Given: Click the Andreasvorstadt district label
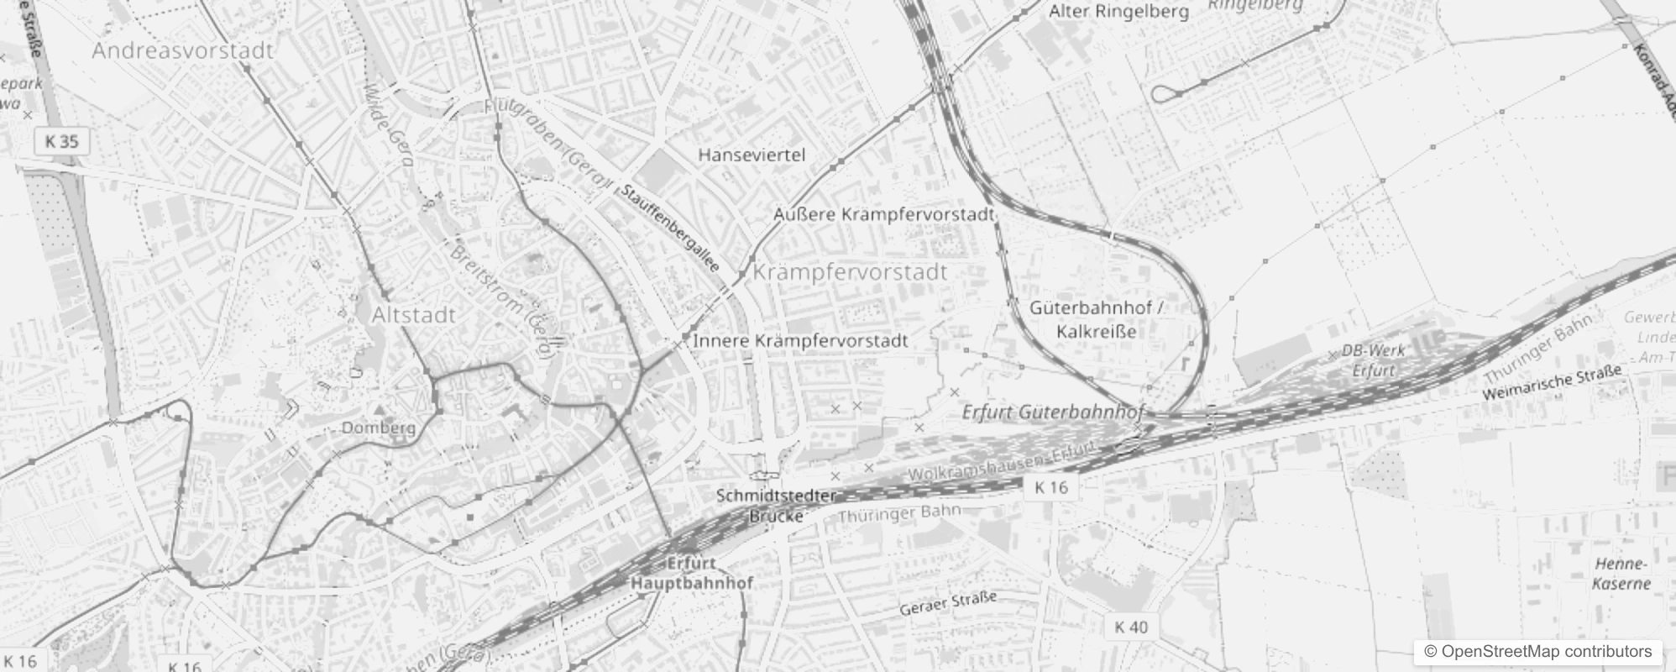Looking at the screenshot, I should pyautogui.click(x=182, y=50).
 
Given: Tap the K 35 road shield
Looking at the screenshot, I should pyautogui.click(x=61, y=141).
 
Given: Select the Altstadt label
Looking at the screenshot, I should pyautogui.click(x=413, y=315).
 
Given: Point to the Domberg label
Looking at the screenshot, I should pyautogui.click(x=378, y=428).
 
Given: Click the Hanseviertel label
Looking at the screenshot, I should pyautogui.click(x=752, y=155).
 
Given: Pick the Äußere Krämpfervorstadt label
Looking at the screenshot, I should pyautogui.click(x=883, y=214).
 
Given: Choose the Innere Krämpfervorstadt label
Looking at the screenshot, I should pyautogui.click(x=800, y=340).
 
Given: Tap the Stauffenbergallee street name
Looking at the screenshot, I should pyautogui.click(x=671, y=228).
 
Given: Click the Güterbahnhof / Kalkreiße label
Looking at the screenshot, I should pyautogui.click(x=1097, y=319).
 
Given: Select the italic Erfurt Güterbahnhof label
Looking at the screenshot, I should pyautogui.click(x=1052, y=412).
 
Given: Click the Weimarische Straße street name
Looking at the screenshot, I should pyautogui.click(x=1552, y=382).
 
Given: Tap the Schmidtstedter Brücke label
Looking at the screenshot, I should pyautogui.click(x=776, y=506).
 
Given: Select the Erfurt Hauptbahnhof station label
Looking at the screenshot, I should pyautogui.click(x=692, y=573).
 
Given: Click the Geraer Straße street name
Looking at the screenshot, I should pyautogui.click(x=948, y=603).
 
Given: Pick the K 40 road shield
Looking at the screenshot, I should pyautogui.click(x=1131, y=627).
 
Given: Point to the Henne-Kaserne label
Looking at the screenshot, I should pyautogui.click(x=1621, y=574).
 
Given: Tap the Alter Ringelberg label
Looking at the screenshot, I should pyautogui.click(x=1118, y=12).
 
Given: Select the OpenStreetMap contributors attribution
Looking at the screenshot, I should pyautogui.click(x=1537, y=651).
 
